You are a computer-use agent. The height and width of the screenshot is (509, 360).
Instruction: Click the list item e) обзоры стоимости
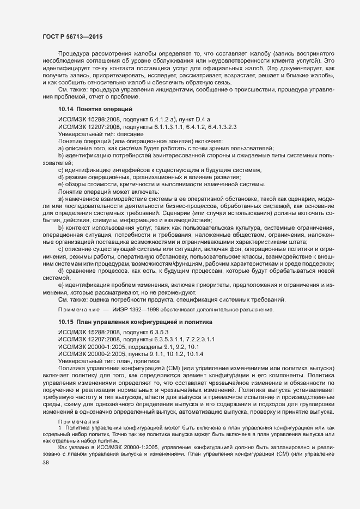click(x=162, y=185)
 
